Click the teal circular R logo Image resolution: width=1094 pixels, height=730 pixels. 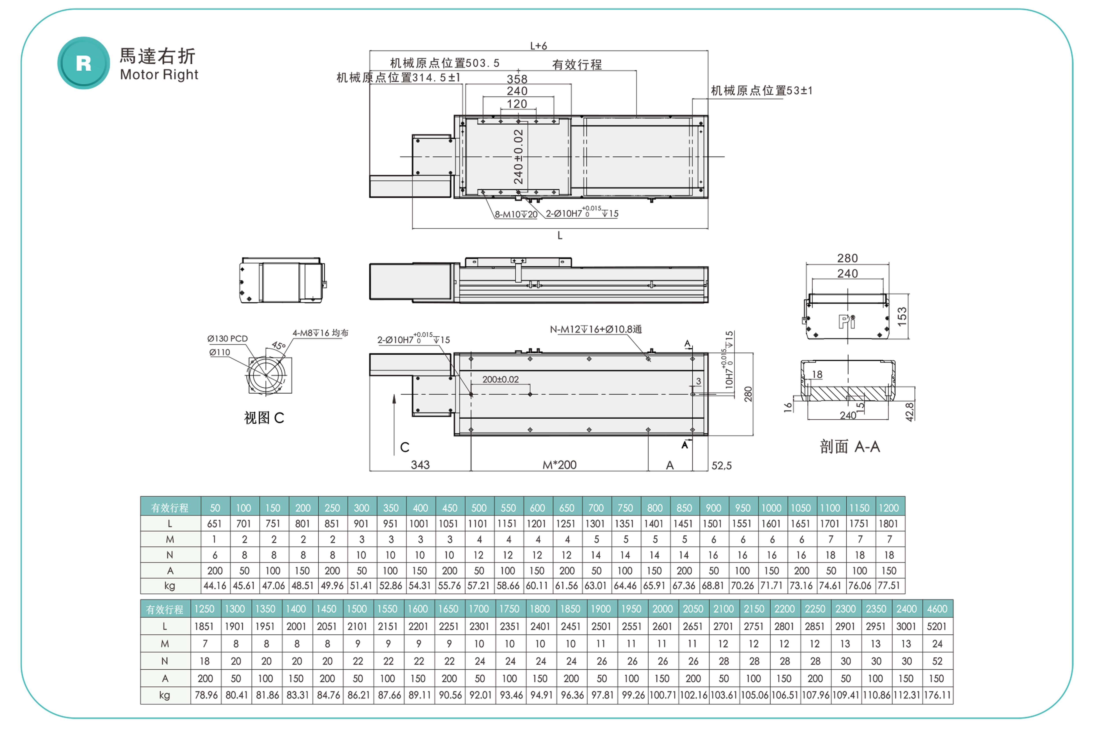click(x=84, y=63)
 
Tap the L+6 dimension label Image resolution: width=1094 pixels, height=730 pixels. click(x=539, y=46)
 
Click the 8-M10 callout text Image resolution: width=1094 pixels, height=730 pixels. click(x=515, y=214)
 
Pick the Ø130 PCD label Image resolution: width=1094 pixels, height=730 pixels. click(x=227, y=338)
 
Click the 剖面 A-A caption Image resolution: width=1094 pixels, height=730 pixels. click(x=850, y=447)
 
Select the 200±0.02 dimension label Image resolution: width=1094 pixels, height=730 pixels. click(x=500, y=379)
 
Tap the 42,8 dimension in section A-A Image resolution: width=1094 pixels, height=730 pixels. click(x=910, y=411)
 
